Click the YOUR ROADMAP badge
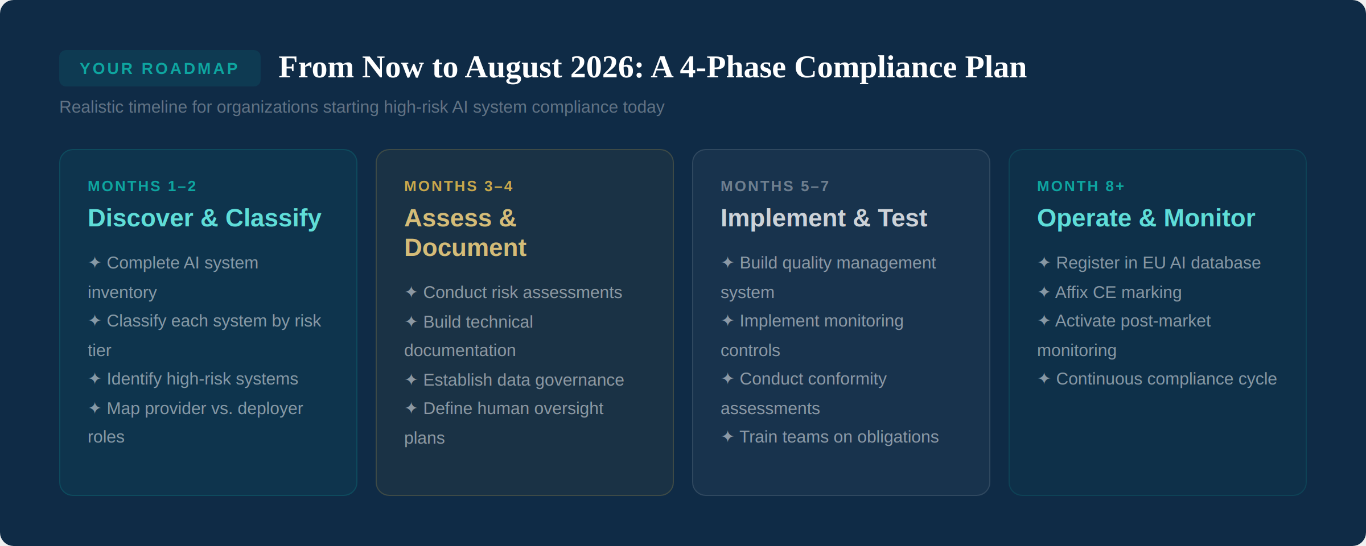(159, 68)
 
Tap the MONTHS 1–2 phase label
(142, 186)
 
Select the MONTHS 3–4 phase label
(458, 186)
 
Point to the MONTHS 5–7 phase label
(775, 186)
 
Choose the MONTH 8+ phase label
(1080, 186)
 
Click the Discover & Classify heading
(204, 218)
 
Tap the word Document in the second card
(465, 247)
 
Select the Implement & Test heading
(824, 218)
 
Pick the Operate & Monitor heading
(1146, 218)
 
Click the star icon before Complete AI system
(94, 263)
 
